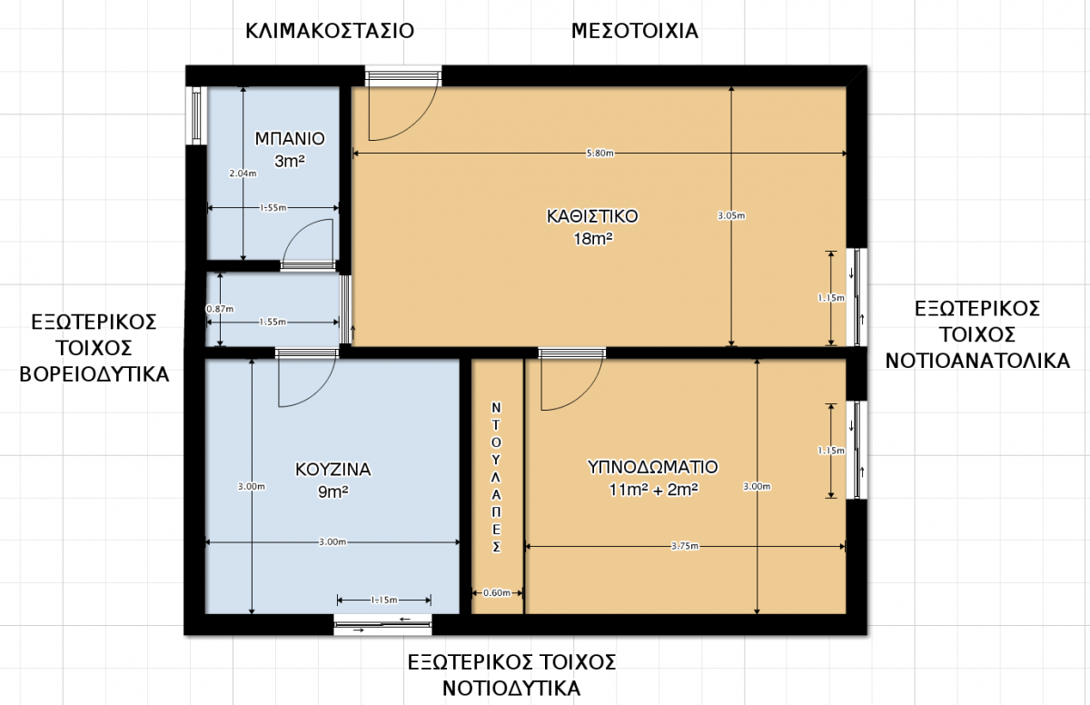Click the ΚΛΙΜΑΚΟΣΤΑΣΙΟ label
pyautogui.click(x=330, y=31)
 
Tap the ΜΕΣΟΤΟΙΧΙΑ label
pyautogui.click(x=635, y=31)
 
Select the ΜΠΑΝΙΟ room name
pyautogui.click(x=290, y=139)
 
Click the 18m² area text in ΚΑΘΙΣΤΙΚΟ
pyautogui.click(x=592, y=239)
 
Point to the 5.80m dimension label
pyautogui.click(x=600, y=154)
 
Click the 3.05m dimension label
pyautogui.click(x=731, y=215)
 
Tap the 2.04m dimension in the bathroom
pyautogui.click(x=243, y=174)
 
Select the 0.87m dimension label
pyautogui.click(x=220, y=309)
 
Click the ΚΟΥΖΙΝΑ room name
pyautogui.click(x=333, y=470)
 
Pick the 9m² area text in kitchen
pyautogui.click(x=333, y=492)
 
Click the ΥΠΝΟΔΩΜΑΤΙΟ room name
pyautogui.click(x=653, y=467)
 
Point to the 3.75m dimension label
pyautogui.click(x=685, y=546)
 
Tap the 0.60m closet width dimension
pyautogui.click(x=496, y=592)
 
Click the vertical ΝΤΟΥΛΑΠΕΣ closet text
pyautogui.click(x=496, y=477)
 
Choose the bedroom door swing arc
pyautogui.click(x=585, y=396)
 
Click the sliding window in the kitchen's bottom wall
pyautogui.click(x=383, y=625)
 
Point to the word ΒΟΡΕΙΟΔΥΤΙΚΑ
pyautogui.click(x=94, y=374)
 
